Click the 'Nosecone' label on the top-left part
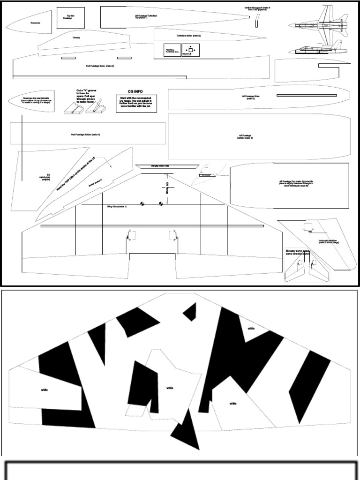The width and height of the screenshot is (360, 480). (x=35, y=22)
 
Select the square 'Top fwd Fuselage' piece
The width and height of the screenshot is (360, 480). (x=66, y=18)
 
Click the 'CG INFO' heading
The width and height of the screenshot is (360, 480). (x=135, y=92)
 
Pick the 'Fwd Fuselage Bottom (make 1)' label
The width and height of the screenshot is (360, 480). (x=85, y=135)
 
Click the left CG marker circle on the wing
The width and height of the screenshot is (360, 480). (x=143, y=204)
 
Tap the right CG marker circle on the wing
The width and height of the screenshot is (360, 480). (x=160, y=204)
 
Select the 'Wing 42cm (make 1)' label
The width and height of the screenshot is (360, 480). (x=117, y=206)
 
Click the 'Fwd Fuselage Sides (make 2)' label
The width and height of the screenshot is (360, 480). (x=99, y=66)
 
